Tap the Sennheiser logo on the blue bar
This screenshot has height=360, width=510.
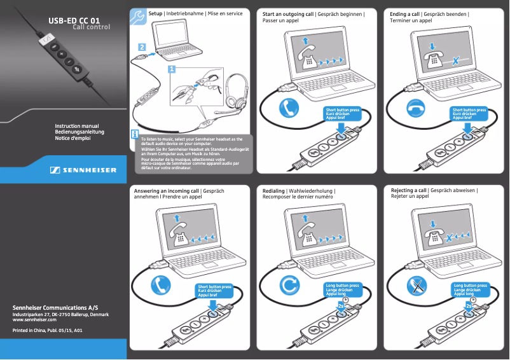pos(83,170)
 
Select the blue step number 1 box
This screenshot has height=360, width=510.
pos(172,69)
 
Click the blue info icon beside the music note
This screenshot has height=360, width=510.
pos(135,135)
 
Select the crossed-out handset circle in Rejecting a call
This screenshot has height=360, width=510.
pos(417,284)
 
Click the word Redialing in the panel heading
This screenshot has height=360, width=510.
pos(274,190)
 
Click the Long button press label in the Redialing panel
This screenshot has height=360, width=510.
pos(342,286)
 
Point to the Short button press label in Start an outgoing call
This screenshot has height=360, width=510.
pos(342,109)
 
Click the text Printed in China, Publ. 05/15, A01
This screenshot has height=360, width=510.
pos(48,331)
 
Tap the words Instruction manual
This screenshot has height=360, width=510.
pos(76,126)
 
